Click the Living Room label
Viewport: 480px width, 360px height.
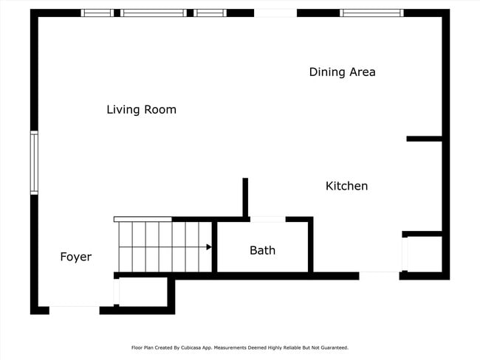pyautogui.click(x=141, y=110)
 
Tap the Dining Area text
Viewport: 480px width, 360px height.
pyautogui.click(x=342, y=72)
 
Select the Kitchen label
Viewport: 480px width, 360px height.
pyautogui.click(x=346, y=186)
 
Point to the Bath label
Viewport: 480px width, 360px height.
pyautogui.click(x=262, y=250)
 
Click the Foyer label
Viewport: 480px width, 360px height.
pyautogui.click(x=76, y=257)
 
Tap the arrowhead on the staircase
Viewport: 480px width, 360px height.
pyautogui.click(x=209, y=247)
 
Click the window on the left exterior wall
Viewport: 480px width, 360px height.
pyautogui.click(x=34, y=162)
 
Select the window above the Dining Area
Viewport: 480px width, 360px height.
pyautogui.click(x=371, y=13)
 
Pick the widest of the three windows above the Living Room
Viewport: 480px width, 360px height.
pyautogui.click(x=154, y=13)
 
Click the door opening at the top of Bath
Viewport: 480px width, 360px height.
pyautogui.click(x=267, y=219)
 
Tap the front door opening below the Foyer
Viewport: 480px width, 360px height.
pyautogui.click(x=74, y=310)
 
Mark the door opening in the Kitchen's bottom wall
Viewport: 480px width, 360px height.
pyautogui.click(x=380, y=276)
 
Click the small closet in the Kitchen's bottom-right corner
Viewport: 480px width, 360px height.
pyautogui.click(x=425, y=253)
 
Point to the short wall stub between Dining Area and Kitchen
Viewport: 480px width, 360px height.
pyautogui.click(x=425, y=139)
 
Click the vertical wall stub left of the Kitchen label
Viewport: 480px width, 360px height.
pyautogui.click(x=245, y=197)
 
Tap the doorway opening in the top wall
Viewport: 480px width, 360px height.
pyautogui.click(x=275, y=13)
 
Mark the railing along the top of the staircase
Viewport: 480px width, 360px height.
pyautogui.click(x=143, y=219)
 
